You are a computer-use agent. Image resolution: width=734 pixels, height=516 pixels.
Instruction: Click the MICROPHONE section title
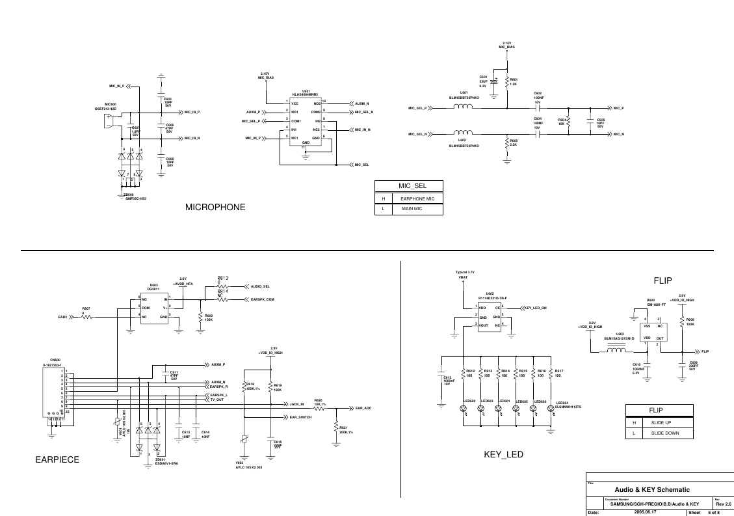point(215,208)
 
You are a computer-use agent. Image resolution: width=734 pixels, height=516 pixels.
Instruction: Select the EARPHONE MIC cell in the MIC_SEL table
point(421,198)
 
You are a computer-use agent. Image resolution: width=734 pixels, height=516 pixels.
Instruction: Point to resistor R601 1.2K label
point(513,81)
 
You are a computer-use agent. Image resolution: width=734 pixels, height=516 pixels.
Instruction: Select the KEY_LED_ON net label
point(535,307)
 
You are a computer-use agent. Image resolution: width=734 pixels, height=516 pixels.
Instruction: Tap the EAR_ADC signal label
point(363,408)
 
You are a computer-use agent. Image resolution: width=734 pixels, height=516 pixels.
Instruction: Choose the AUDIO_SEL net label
point(260,286)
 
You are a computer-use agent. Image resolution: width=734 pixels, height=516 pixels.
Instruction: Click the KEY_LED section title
point(503,454)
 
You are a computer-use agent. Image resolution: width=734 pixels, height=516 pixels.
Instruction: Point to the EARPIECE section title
point(57,460)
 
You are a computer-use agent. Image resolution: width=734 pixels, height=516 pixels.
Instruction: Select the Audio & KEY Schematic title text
point(652,489)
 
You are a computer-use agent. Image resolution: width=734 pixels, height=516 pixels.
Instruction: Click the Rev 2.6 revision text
point(723,504)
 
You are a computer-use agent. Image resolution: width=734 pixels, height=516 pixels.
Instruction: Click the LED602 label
point(469,401)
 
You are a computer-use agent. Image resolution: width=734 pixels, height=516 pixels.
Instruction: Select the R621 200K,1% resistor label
point(346,430)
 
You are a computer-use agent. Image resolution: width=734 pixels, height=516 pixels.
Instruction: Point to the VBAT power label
point(463,277)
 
